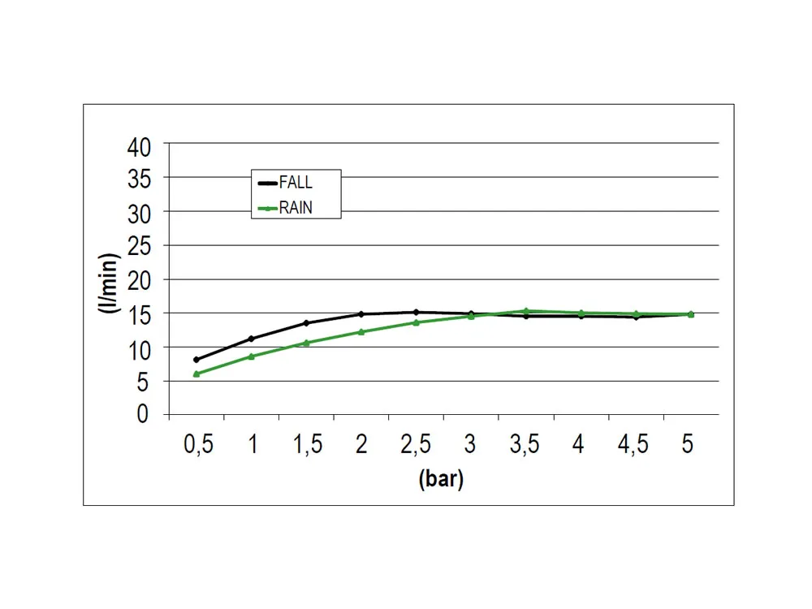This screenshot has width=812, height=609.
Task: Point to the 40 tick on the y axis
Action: [139, 147]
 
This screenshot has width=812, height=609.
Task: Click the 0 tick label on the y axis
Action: [144, 415]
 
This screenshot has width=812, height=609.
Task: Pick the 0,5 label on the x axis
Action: [198, 444]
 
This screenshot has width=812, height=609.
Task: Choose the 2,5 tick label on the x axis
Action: [416, 444]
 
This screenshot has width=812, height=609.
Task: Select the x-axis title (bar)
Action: [441, 479]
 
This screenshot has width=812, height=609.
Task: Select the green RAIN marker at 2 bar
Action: [361, 331]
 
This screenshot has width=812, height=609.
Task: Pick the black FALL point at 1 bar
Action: [251, 339]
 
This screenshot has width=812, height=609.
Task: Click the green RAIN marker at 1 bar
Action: [251, 356]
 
